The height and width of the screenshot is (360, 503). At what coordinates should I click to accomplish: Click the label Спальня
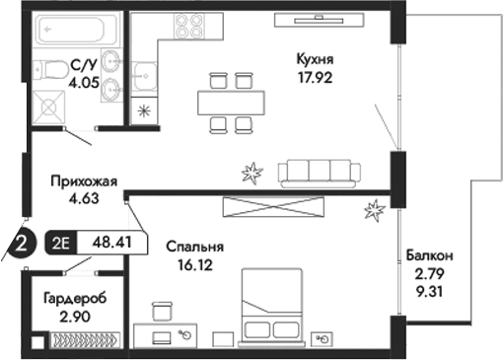194,247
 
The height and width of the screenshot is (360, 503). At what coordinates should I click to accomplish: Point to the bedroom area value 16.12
194,264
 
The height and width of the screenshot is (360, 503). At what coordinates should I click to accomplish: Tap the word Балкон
429,255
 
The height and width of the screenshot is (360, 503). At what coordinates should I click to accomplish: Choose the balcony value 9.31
429,291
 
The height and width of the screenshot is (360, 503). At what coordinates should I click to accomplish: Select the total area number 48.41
110,239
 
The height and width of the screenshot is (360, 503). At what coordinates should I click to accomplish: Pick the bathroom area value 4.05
85,84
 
